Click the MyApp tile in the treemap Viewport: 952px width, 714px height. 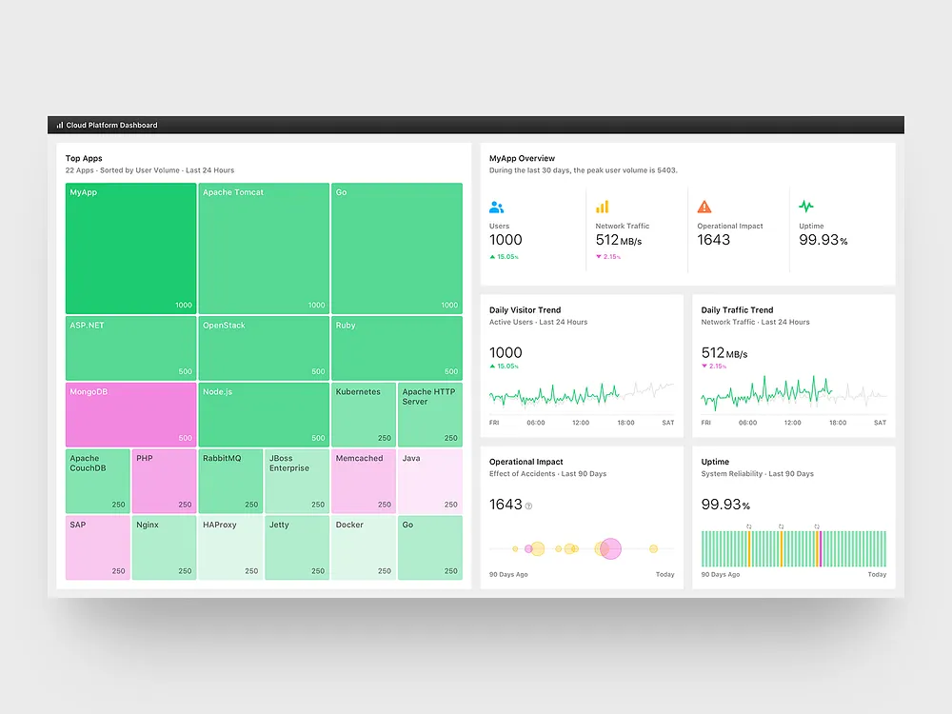point(130,248)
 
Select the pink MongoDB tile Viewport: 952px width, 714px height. point(130,414)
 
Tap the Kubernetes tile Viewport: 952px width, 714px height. point(363,414)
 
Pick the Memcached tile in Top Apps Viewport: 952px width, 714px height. point(363,481)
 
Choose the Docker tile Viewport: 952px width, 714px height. point(363,547)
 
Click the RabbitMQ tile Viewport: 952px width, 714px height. point(229,481)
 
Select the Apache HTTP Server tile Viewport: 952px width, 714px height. point(429,414)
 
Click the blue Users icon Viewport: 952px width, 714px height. point(496,207)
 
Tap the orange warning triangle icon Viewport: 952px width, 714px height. point(704,207)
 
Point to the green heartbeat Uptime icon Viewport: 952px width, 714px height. point(806,206)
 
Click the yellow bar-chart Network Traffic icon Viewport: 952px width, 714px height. point(602,207)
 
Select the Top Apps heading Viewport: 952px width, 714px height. point(84,158)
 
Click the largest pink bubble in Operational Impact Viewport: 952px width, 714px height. point(609,548)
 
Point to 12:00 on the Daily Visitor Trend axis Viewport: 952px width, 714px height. point(580,423)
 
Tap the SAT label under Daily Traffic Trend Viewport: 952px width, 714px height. point(880,423)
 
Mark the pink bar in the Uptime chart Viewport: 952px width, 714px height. point(818,548)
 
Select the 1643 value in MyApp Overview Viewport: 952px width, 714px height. point(713,240)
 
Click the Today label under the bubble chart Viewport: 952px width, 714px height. point(664,575)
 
